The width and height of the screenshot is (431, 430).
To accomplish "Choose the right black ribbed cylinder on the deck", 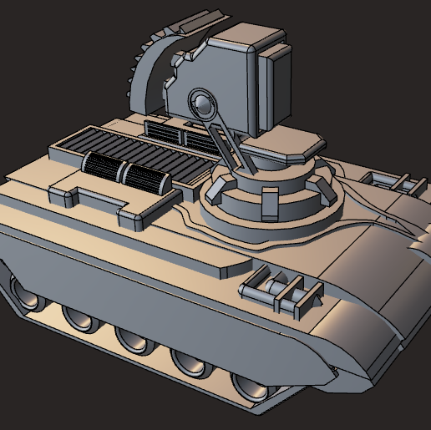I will click(x=147, y=178).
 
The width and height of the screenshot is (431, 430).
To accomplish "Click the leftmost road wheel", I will click(x=26, y=292).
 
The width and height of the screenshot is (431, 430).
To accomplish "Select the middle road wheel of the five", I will click(x=133, y=337).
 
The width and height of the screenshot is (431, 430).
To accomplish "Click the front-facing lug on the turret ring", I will click(x=269, y=205).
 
